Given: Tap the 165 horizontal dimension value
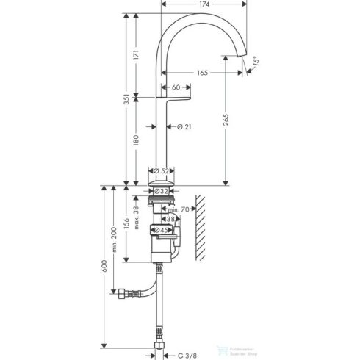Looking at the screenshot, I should [201, 72].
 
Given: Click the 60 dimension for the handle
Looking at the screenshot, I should [176, 88].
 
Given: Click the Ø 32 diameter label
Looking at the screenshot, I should [162, 190].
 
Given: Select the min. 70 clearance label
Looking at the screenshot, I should [177, 209].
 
